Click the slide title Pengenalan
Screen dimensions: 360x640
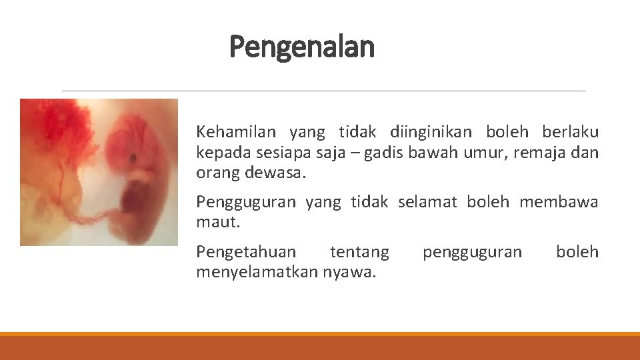302,47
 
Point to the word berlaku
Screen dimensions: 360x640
571,132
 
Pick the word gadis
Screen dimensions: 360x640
377,153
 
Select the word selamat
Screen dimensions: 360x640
427,202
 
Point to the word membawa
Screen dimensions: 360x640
559,202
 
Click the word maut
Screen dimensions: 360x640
217,222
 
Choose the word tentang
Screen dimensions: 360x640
359,252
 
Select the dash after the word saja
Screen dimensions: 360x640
347,154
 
